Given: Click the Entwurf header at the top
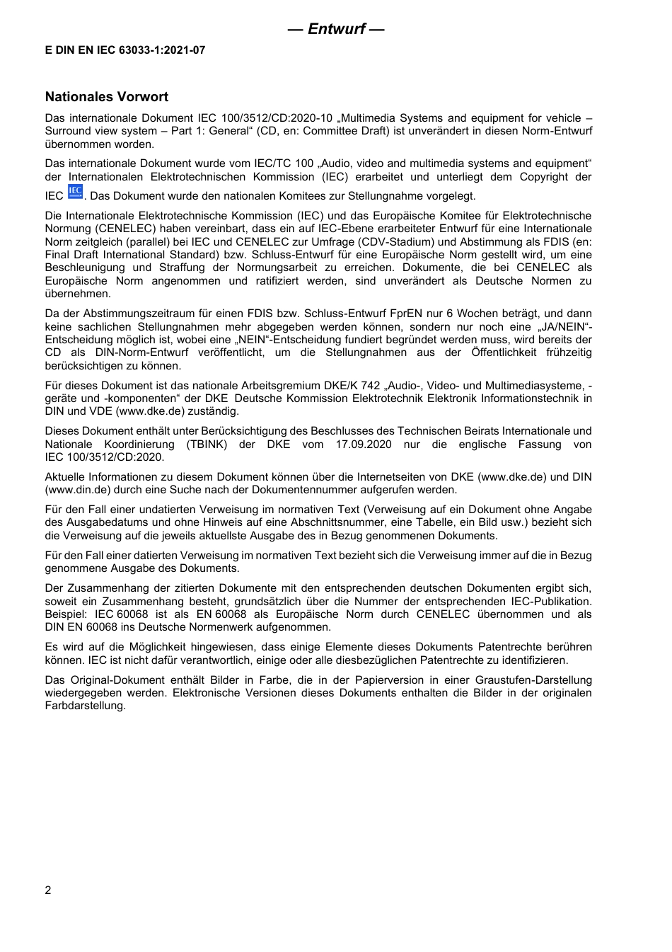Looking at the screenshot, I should pyautogui.click(x=337, y=29).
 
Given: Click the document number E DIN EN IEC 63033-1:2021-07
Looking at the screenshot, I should pyautogui.click(x=125, y=50).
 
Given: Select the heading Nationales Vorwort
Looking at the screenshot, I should pyautogui.click(x=107, y=97).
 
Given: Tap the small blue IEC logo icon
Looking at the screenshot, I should pyautogui.click(x=75, y=192).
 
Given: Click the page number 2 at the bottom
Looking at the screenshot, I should pyautogui.click(x=48, y=890).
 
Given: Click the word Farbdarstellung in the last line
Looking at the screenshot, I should pyautogui.click(x=85, y=706).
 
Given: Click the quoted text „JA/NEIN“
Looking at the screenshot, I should pyautogui.click(x=566, y=327).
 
